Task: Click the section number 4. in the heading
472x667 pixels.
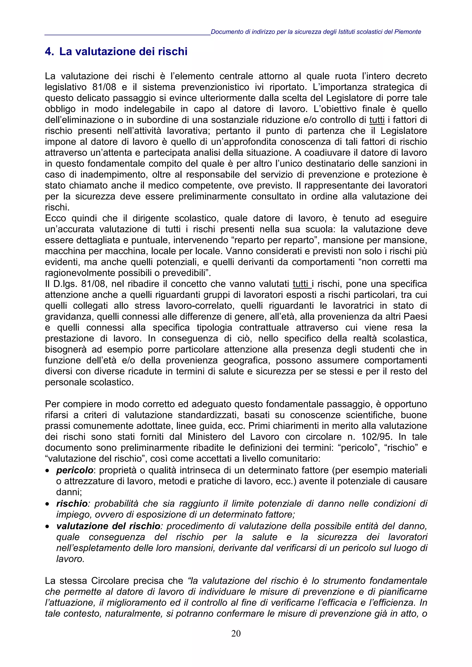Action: pos(50,52)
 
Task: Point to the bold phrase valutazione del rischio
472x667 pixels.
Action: pos(108,526)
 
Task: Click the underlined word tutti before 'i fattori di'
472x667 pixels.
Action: pos(377,120)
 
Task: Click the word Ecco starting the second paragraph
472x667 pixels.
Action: pos(55,218)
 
